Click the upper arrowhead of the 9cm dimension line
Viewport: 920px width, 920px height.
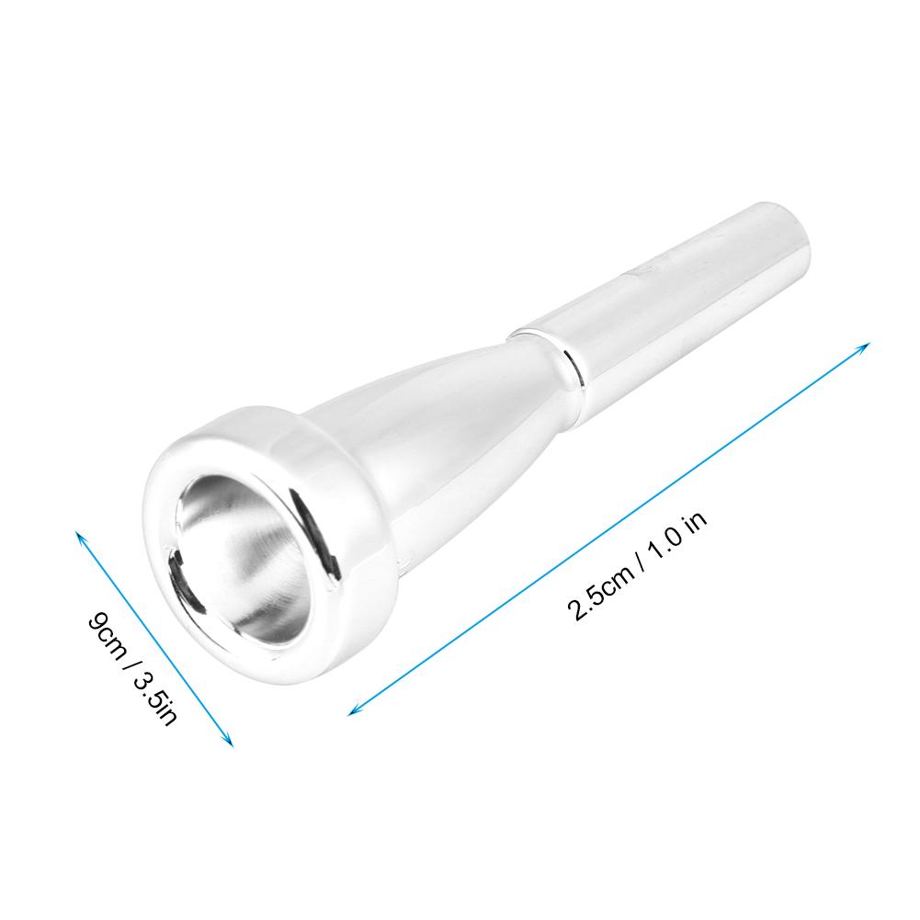(80, 535)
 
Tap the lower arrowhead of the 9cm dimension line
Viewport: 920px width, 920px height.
(231, 742)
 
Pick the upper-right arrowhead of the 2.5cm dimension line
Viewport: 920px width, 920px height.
(865, 346)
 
